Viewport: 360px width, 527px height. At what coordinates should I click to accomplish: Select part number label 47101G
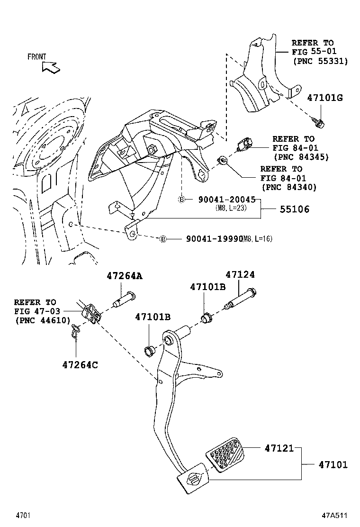point(324,98)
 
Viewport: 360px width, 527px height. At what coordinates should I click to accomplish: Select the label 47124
point(240,274)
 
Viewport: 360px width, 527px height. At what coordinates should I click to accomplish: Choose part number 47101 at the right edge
point(333,465)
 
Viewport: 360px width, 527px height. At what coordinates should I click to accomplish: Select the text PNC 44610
point(36,320)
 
